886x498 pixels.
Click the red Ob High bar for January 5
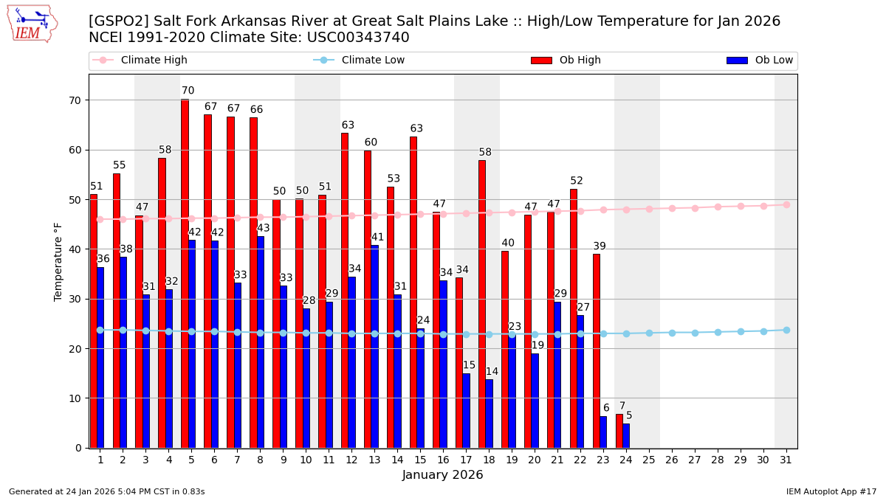(185, 273)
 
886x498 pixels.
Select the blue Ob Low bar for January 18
(489, 413)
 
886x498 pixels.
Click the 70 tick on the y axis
(75, 100)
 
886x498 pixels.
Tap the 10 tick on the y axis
(75, 398)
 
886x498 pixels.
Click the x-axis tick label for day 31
(786, 460)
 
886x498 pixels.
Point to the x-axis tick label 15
(420, 460)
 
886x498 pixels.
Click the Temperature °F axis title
(58, 261)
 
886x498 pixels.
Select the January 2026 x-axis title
(442, 475)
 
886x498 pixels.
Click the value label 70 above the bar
(188, 91)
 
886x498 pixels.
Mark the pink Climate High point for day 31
(786, 204)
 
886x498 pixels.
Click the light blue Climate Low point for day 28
(718, 332)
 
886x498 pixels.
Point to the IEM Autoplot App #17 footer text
(831, 491)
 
